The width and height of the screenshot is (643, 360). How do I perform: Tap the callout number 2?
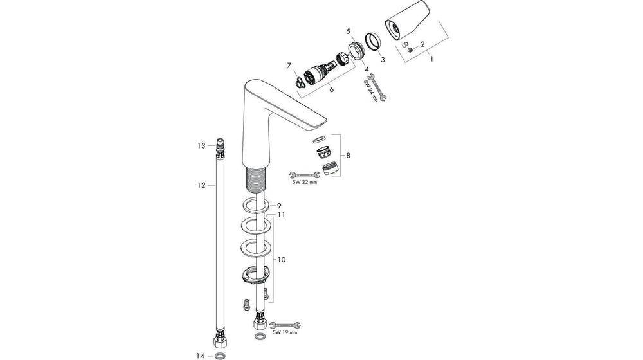[x=422, y=44]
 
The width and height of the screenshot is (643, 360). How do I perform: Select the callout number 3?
[x=383, y=59]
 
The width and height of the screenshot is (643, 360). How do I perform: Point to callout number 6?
[x=332, y=89]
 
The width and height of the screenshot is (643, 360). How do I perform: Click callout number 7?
[x=289, y=65]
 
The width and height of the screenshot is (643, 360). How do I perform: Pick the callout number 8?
[x=349, y=156]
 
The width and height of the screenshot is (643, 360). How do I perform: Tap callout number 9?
[x=280, y=205]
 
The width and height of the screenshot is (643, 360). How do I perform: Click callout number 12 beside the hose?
[x=201, y=184]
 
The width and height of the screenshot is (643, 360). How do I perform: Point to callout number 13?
[x=201, y=146]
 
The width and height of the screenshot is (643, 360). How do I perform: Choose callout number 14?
[x=201, y=354]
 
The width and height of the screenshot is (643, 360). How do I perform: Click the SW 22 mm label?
[x=305, y=183]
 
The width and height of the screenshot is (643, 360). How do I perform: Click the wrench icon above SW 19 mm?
[x=284, y=325]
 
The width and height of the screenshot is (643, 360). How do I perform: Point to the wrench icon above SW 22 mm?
[x=305, y=174]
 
